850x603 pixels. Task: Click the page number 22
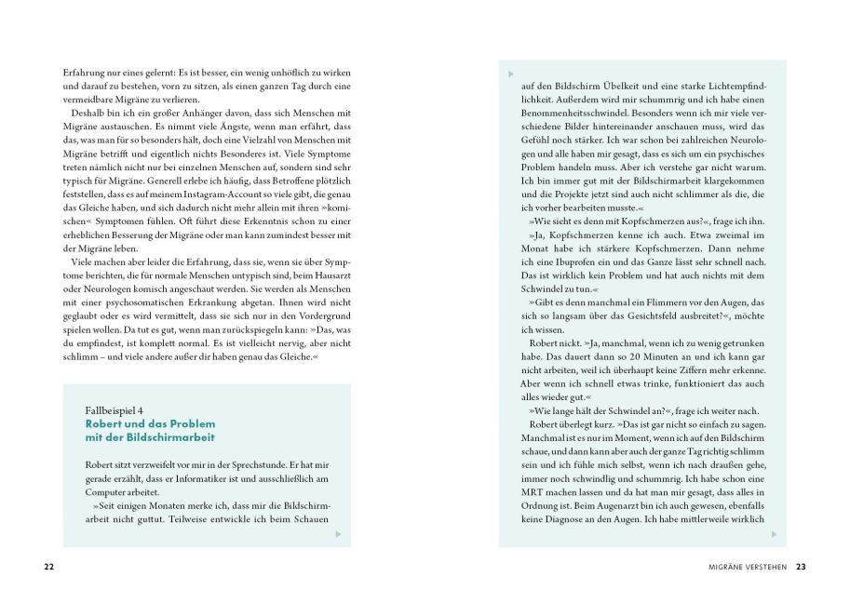49,566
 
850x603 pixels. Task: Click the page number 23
801,566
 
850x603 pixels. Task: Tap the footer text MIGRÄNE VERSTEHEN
747,566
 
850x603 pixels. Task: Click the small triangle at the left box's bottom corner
337,534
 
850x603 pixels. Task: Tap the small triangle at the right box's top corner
511,74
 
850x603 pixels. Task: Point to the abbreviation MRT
533,489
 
